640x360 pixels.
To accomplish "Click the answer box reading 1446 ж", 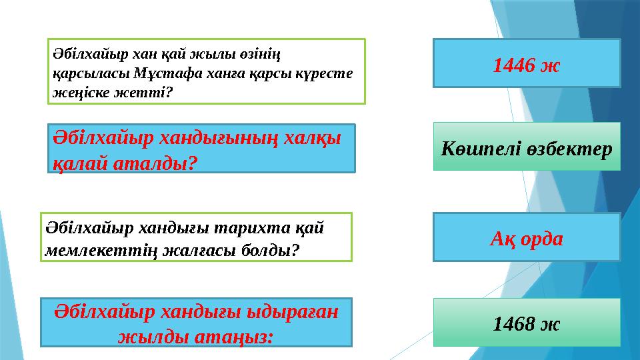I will point(527,63).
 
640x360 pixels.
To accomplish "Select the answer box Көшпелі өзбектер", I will point(527,147).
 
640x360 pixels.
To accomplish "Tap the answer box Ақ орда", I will point(527,237).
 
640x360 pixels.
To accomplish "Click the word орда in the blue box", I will point(539,238).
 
